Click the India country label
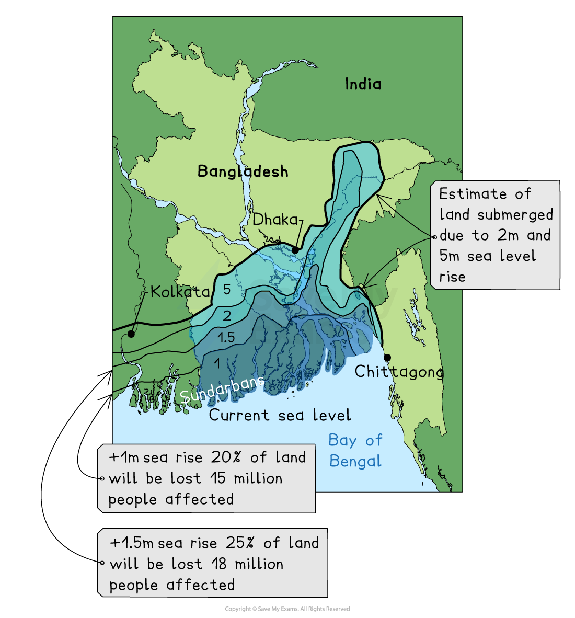tap(363, 84)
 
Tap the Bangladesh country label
tap(243, 171)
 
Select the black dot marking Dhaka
tap(295, 250)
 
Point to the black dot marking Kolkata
tap(131, 334)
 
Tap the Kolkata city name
tap(180, 292)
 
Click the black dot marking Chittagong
tap(387, 358)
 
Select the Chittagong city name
tap(399, 372)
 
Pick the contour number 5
tap(226, 290)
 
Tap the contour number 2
tap(227, 316)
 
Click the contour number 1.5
tap(226, 338)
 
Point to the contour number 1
tap(217, 363)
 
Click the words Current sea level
tap(280, 416)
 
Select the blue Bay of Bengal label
tap(355, 451)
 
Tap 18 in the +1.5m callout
tap(220, 564)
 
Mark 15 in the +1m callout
tap(218, 478)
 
